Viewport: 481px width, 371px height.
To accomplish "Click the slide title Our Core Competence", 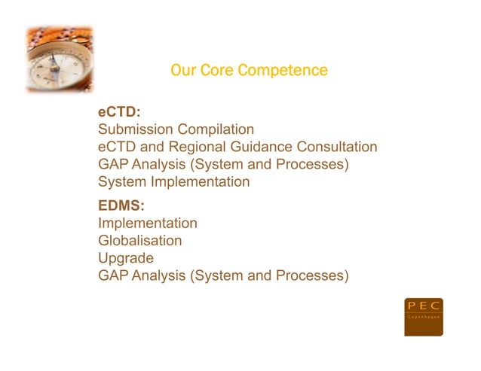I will pos(249,71).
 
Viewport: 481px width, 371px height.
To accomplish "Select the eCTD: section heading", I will pos(119,112).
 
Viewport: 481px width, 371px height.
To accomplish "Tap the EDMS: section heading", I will pos(121,205).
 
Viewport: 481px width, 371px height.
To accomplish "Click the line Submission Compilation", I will pos(176,130).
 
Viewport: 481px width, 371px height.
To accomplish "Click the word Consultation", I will pos(337,147).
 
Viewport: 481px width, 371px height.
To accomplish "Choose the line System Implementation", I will pos(173,181).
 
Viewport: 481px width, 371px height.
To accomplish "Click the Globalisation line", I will pos(139,241).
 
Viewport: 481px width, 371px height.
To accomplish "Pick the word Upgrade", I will pos(126,259).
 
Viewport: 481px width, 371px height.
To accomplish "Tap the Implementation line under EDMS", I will pos(148,224).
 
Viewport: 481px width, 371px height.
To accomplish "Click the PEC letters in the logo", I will pos(423,306).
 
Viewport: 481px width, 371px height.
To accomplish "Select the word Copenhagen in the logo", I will pos(423,318).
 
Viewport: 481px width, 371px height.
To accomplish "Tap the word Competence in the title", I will pos(283,71).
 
